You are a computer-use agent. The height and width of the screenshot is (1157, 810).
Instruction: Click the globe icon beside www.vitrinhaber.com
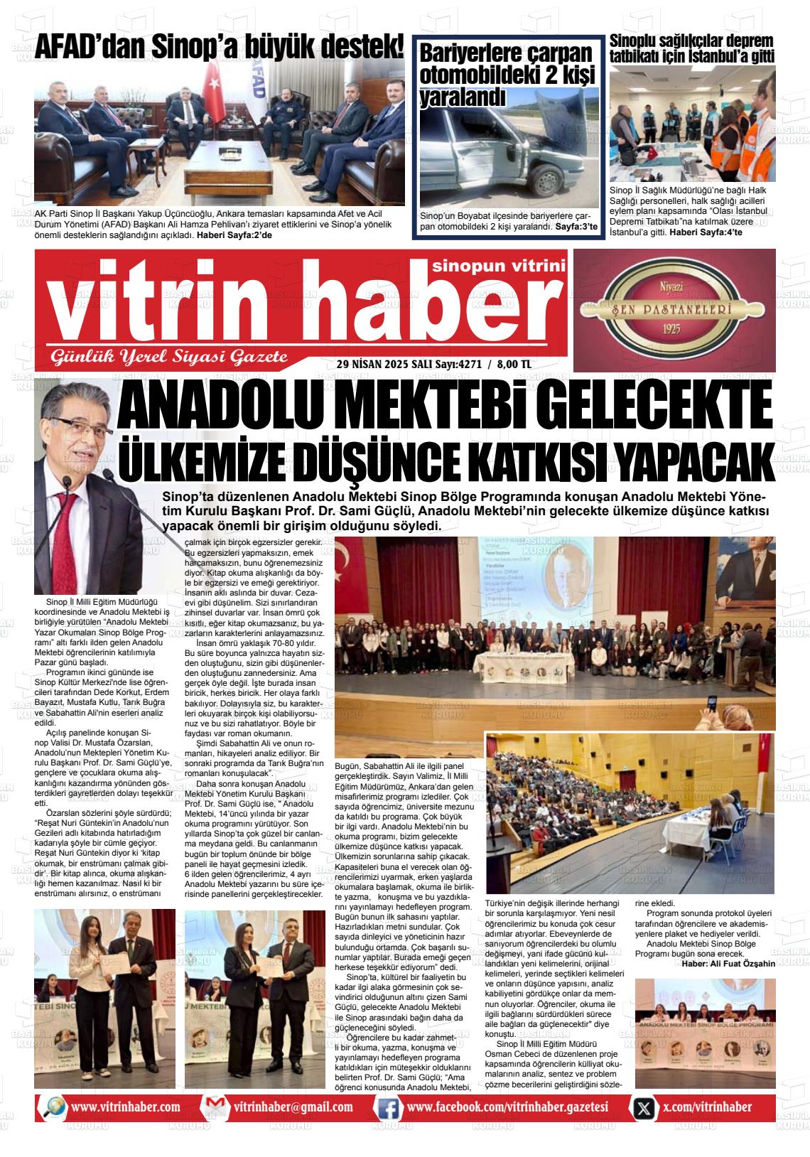tap(53, 1107)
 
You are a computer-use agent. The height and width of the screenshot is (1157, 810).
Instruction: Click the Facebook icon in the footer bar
tap(388, 1107)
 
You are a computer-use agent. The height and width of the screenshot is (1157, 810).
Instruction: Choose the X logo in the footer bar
tap(644, 1107)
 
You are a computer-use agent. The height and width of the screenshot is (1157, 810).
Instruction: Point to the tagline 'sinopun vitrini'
tap(499, 266)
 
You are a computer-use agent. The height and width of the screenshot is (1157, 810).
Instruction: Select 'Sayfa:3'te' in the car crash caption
tap(576, 227)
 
